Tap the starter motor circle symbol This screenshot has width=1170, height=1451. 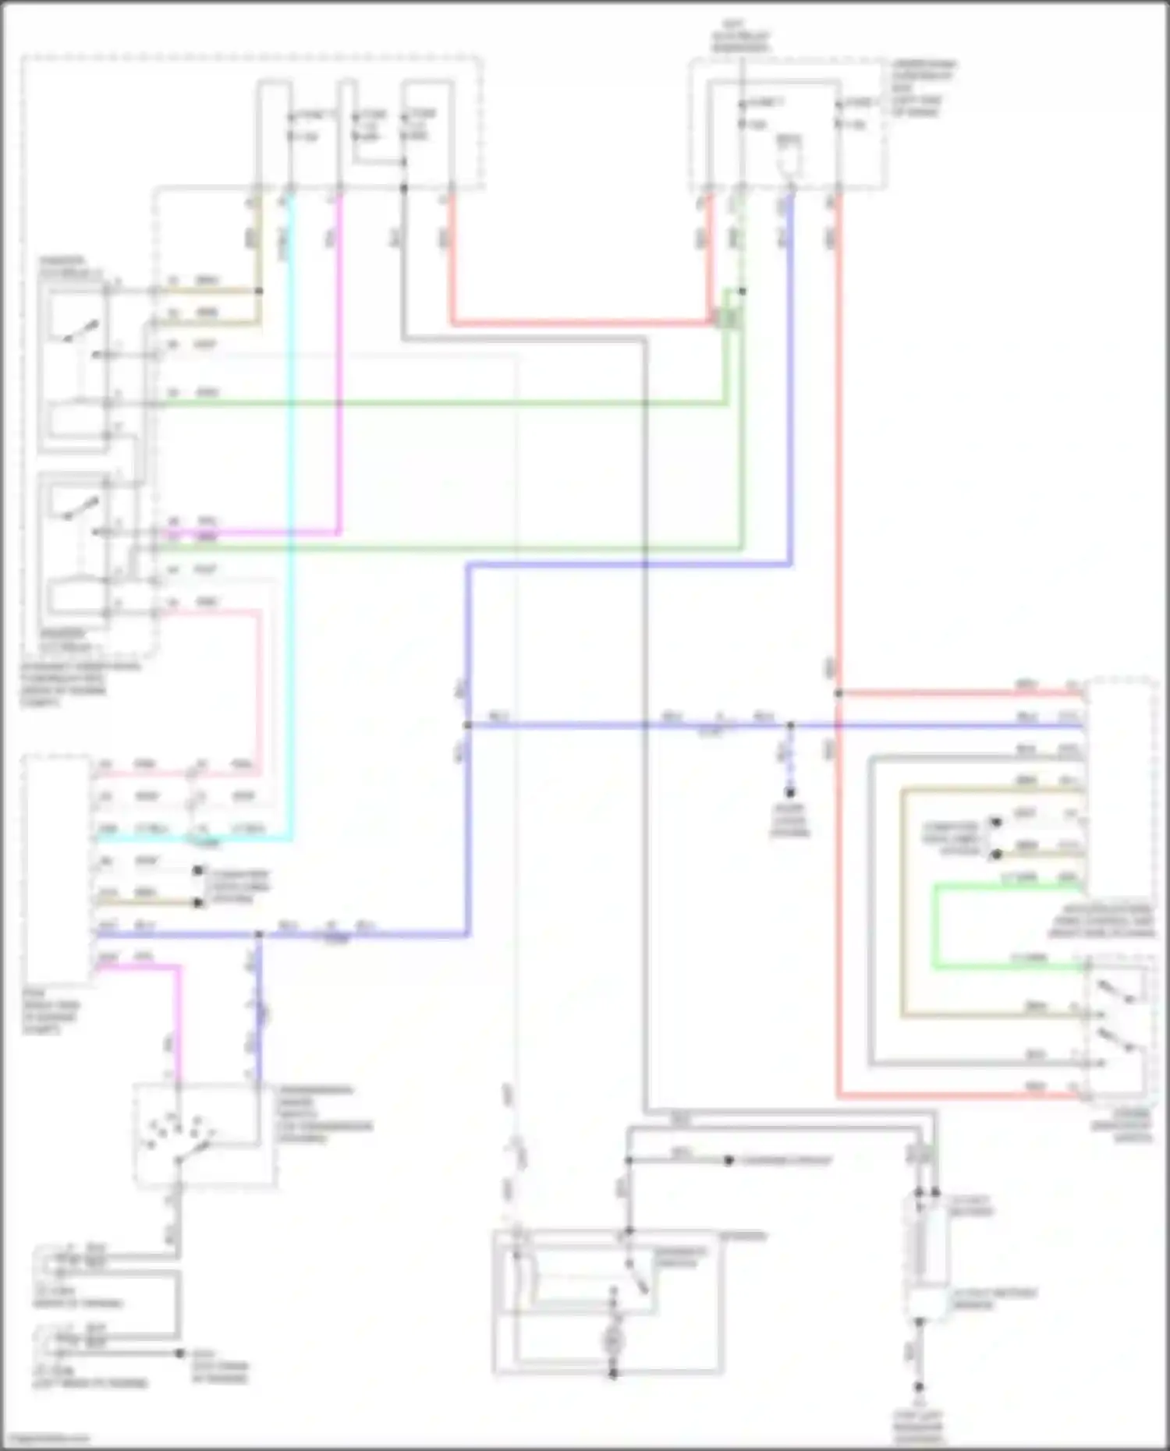click(613, 1341)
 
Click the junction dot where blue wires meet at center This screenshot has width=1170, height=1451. click(468, 725)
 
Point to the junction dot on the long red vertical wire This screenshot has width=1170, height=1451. click(838, 692)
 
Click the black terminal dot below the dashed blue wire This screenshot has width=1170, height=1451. click(790, 793)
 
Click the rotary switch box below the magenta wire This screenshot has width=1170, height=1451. click(198, 1135)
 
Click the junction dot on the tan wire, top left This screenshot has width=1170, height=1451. click(259, 291)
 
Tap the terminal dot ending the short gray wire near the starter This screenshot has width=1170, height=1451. click(729, 1160)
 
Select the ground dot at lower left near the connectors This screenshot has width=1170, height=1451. click(179, 1354)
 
